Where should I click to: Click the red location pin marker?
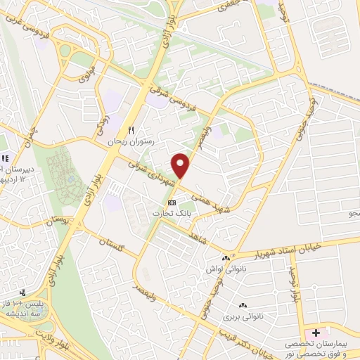coord(182,165)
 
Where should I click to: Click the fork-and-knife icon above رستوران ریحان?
coord(130,130)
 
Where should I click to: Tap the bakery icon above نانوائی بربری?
coord(243,305)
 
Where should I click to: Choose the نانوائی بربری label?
coord(243,316)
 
